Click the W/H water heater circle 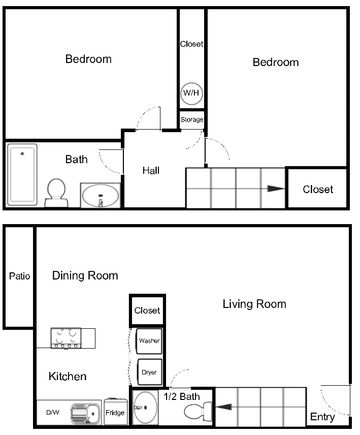[x=191, y=92]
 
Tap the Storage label [x=192, y=119]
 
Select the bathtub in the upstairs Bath [x=22, y=174]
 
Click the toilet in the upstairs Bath [x=56, y=193]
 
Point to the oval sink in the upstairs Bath [x=100, y=196]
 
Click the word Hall [x=151, y=171]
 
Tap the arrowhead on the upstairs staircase [x=276, y=189]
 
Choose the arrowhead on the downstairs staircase [x=224, y=407]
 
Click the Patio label [x=19, y=276]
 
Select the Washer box [x=149, y=341]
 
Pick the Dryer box [x=149, y=372]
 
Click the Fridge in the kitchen [x=115, y=412]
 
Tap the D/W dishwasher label [x=53, y=412]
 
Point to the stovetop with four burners [x=66, y=338]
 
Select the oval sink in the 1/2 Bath [x=144, y=407]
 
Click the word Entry [x=322, y=417]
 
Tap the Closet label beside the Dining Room [x=147, y=311]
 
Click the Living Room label [x=254, y=304]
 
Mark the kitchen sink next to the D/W [x=85, y=413]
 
